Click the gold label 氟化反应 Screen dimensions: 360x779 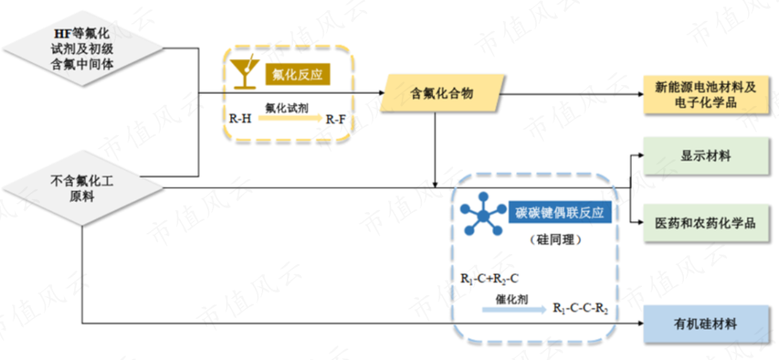(x=296, y=74)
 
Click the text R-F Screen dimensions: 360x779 (x=335, y=119)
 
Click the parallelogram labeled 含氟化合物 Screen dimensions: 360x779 (x=442, y=92)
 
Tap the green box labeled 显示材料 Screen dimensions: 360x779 (x=705, y=156)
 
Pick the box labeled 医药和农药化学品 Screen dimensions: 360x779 (x=705, y=222)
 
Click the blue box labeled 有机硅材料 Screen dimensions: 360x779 (x=705, y=324)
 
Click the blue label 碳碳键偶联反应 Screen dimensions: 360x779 (x=559, y=213)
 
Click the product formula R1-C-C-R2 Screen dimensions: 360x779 (x=580, y=309)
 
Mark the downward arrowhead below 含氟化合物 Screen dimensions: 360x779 (x=436, y=182)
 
